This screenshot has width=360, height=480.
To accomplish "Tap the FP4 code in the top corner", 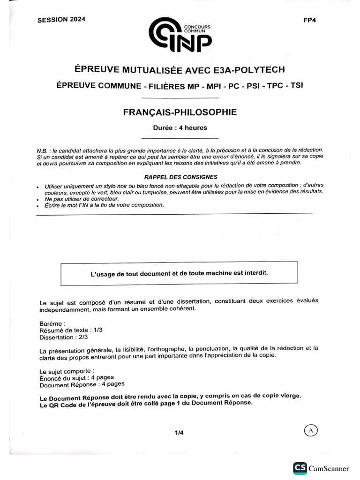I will [x=310, y=20].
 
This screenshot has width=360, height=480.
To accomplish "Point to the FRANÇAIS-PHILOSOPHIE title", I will [x=180, y=112].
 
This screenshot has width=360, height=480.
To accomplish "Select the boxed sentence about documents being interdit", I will [x=179, y=273].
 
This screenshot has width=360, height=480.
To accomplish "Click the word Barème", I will [x=52, y=323].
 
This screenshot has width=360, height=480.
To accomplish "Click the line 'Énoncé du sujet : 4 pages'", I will [x=76, y=377].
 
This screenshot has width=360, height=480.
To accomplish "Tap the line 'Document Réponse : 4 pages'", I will [x=82, y=384].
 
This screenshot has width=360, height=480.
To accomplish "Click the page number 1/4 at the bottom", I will [x=179, y=433].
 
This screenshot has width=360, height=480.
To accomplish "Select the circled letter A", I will [x=311, y=430].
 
